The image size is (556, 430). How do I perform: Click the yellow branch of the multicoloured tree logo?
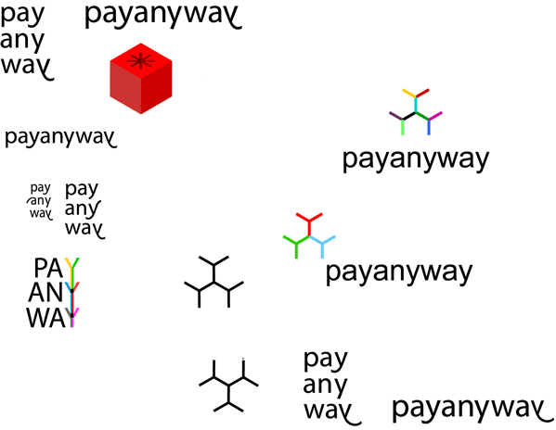(408, 95)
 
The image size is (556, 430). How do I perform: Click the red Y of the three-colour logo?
(310, 221)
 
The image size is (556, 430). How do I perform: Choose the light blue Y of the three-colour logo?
(324, 245)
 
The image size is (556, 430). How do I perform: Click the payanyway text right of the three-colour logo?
(399, 273)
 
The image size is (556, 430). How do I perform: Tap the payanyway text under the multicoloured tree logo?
(414, 160)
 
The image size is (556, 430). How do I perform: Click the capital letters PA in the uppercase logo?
(47, 269)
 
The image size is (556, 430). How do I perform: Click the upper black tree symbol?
(214, 279)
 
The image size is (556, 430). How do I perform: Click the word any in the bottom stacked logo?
(325, 385)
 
